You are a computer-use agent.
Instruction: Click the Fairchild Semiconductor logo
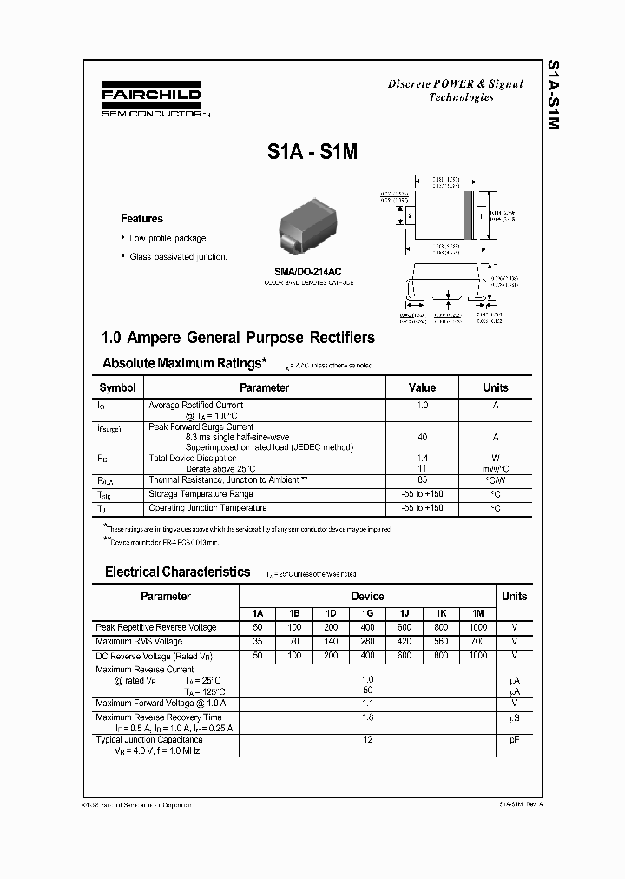pos(151,101)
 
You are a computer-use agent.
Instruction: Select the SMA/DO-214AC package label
pos(310,271)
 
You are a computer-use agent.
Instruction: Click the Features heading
pos(141,219)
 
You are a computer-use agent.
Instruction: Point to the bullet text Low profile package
pos(168,238)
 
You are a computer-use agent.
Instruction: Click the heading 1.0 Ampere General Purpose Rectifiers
pos(239,338)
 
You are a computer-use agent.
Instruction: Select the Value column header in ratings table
pos(422,387)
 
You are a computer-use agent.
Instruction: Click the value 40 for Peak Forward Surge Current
pos(422,438)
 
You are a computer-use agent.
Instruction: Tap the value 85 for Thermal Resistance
pos(422,479)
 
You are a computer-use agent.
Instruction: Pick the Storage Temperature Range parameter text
pos(201,493)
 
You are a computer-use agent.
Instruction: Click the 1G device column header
pos(367,613)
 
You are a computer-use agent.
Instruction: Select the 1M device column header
pos(477,613)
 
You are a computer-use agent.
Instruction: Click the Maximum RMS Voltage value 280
pos(367,641)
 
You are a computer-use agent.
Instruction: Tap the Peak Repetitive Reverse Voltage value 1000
pos(477,627)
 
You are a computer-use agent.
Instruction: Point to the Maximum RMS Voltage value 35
pos(257,641)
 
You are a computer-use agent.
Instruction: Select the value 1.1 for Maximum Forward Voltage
pos(367,703)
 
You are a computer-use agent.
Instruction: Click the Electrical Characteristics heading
pos(177,572)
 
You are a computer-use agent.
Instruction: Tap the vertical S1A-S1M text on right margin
pos(552,96)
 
